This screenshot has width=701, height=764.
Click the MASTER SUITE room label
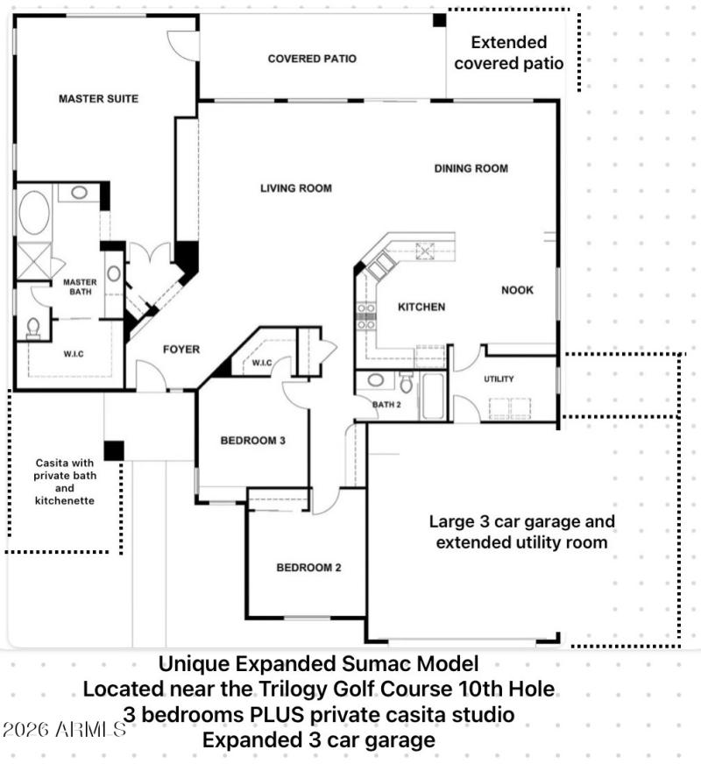tap(98, 99)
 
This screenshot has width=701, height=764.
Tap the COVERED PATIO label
tap(312, 60)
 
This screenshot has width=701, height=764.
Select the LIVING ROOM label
tap(295, 188)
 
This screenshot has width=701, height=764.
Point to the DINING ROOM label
tap(471, 168)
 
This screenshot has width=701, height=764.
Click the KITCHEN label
tap(421, 308)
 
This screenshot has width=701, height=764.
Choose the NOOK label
tap(517, 290)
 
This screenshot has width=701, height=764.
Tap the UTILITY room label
tap(499, 379)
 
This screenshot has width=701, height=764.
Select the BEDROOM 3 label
tap(252, 441)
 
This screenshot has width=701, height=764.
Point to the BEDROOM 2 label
tap(308, 568)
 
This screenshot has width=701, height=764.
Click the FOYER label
tap(181, 350)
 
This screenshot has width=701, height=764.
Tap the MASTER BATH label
tap(80, 287)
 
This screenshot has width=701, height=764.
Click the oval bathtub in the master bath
tap(34, 213)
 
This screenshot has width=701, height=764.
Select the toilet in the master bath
tap(34, 328)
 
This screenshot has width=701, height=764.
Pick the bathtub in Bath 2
tap(433, 397)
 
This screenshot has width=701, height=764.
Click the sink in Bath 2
tap(375, 381)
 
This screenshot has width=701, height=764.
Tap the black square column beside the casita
tap(113, 450)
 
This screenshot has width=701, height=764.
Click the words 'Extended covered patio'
tap(508, 53)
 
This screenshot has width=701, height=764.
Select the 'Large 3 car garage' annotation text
tap(521, 522)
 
